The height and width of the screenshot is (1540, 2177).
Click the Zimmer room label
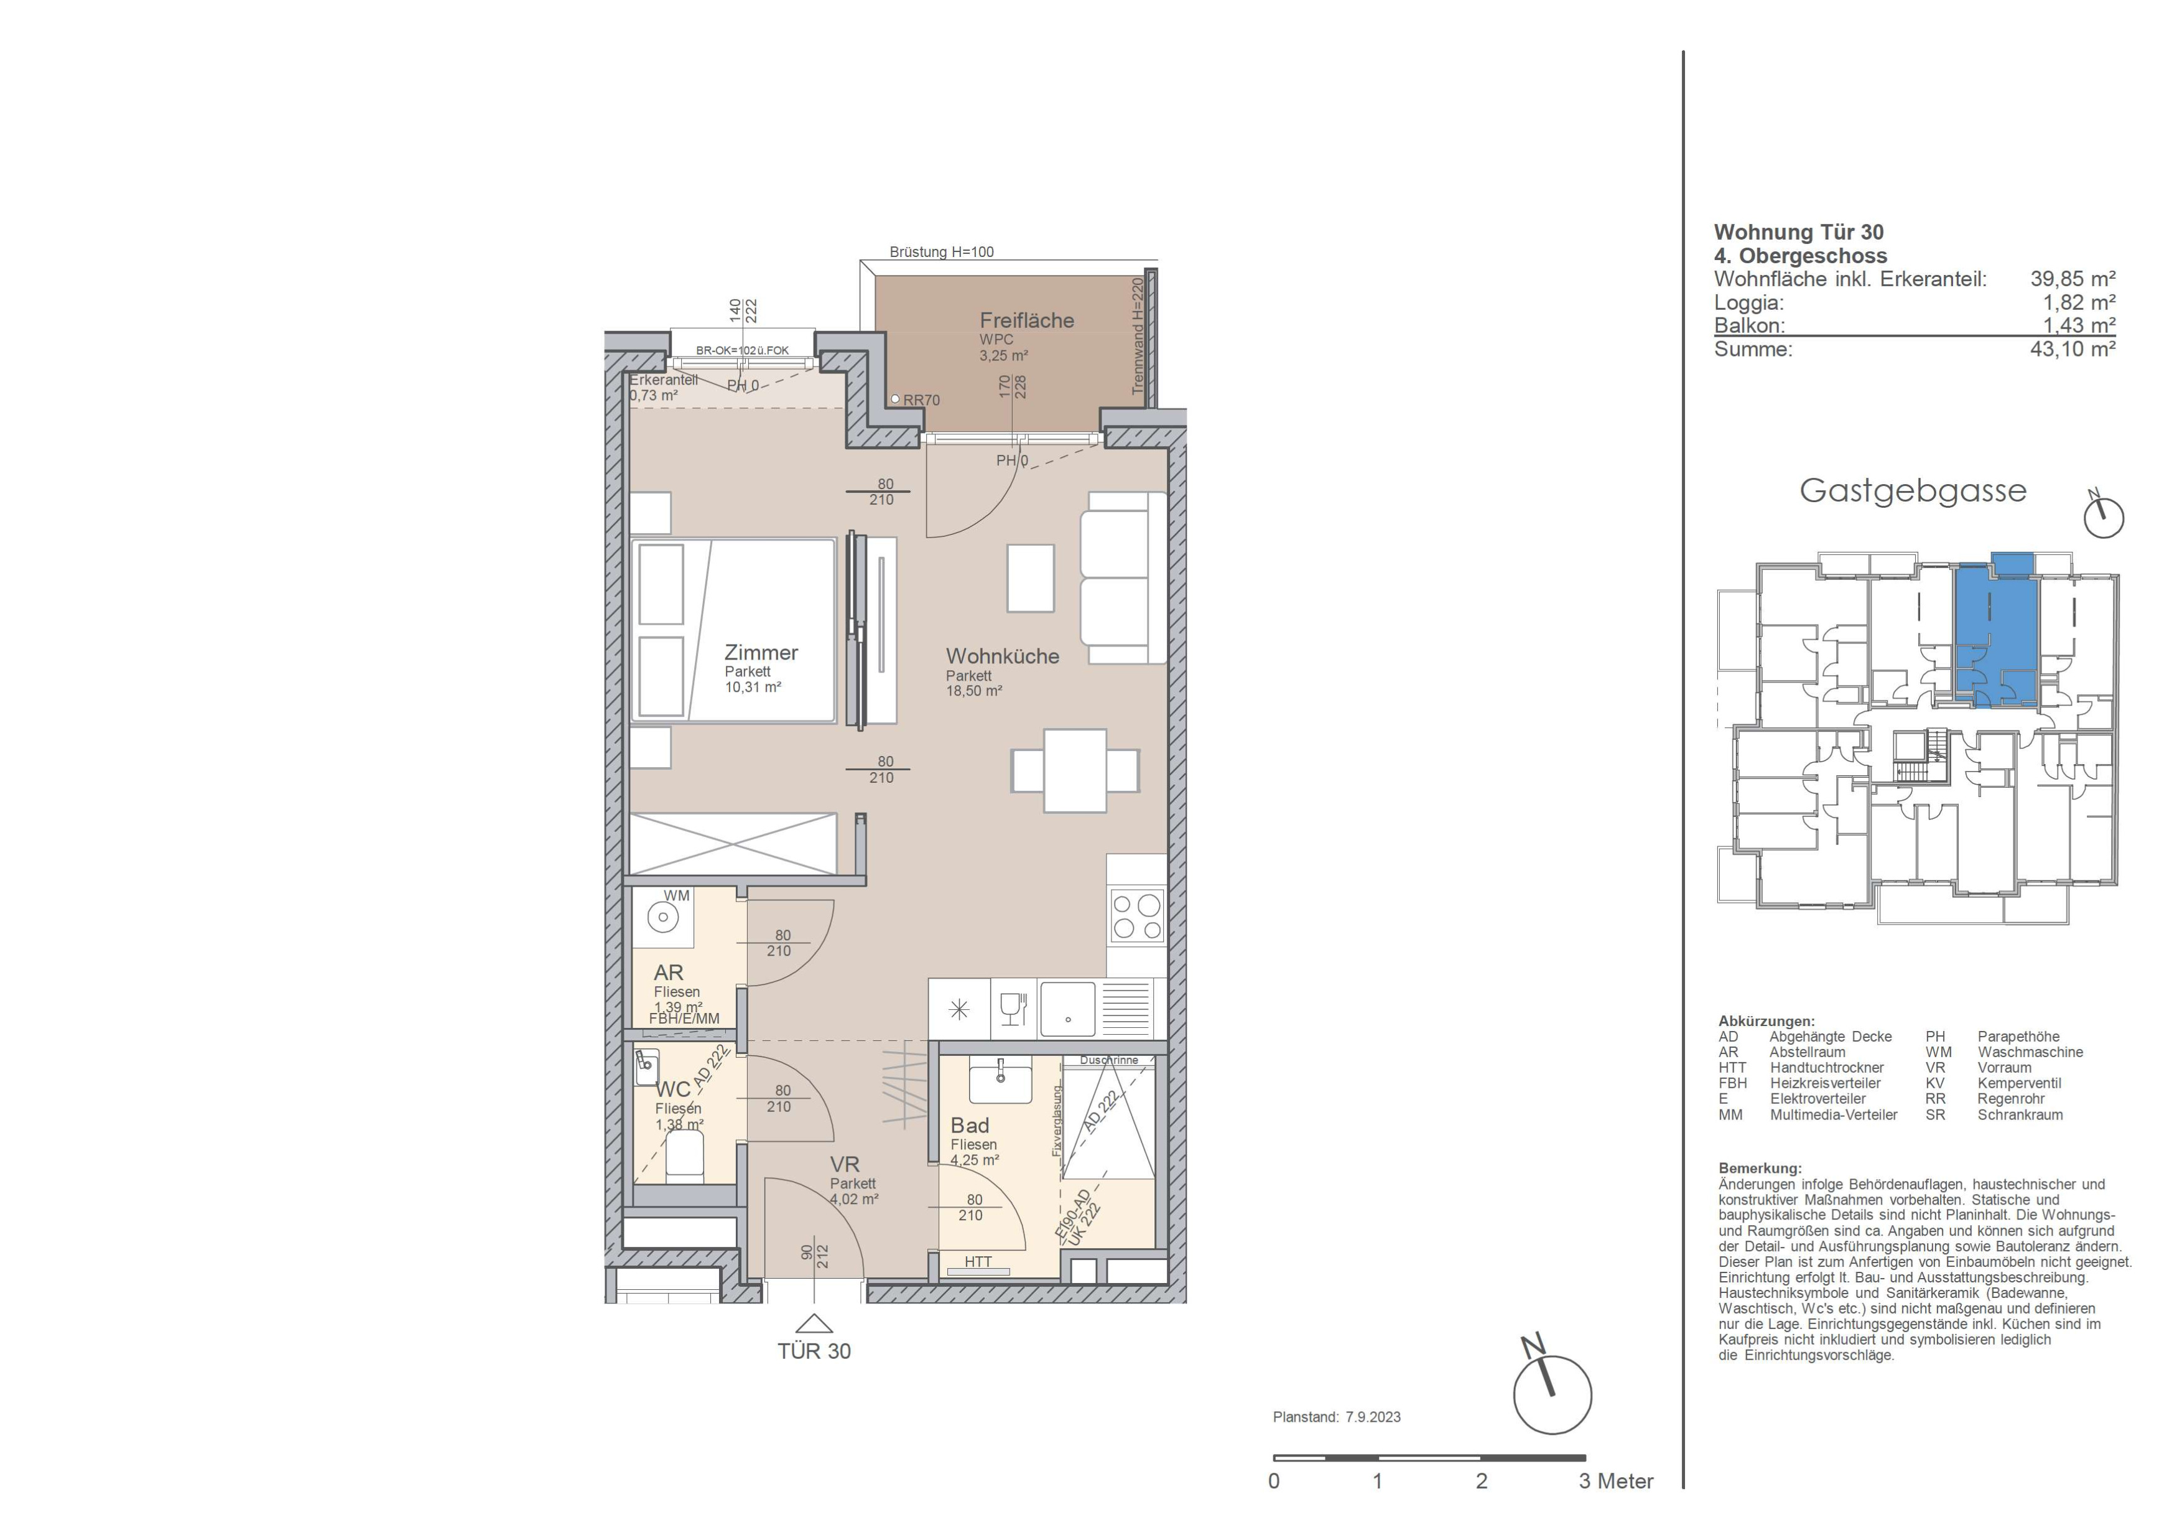click(761, 653)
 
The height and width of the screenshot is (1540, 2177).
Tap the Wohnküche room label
click(1002, 656)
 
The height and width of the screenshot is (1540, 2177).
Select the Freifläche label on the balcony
click(1027, 320)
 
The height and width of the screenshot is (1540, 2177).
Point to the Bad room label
click(969, 1126)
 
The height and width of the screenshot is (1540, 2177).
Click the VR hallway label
click(844, 1164)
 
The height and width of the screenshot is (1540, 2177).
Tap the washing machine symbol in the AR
click(663, 917)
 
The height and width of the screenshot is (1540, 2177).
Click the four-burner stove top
click(1137, 916)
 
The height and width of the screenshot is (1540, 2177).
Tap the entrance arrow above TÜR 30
click(814, 1324)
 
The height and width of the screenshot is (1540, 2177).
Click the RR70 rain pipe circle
click(895, 399)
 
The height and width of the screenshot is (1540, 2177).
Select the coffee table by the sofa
click(1031, 579)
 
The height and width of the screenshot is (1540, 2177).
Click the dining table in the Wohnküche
click(1075, 770)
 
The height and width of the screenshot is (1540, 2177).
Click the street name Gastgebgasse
click(1913, 491)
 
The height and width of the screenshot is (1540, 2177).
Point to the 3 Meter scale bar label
click(1616, 1482)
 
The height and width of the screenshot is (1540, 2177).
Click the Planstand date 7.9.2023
click(1372, 1417)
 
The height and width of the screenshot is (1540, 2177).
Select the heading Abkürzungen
click(1766, 1021)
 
